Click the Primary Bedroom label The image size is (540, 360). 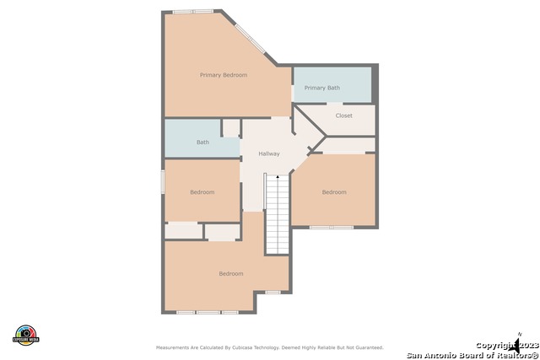tap(224, 75)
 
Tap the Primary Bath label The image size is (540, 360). tap(321, 88)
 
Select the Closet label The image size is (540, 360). tap(343, 116)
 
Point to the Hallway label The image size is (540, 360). tap(268, 153)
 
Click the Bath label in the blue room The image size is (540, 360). tap(202, 142)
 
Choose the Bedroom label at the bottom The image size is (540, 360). tap(230, 273)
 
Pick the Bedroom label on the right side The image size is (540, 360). tap(334, 192)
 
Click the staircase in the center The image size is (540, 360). tap(278, 215)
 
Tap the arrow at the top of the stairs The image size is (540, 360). tap(278, 177)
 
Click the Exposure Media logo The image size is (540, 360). tap(26, 334)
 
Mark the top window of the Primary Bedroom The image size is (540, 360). tap(192, 11)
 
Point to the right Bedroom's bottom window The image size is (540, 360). tap(331, 227)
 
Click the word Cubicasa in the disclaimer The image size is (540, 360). tap(257, 347)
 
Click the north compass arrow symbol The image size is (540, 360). tap(516, 343)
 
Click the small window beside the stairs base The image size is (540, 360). tap(273, 293)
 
